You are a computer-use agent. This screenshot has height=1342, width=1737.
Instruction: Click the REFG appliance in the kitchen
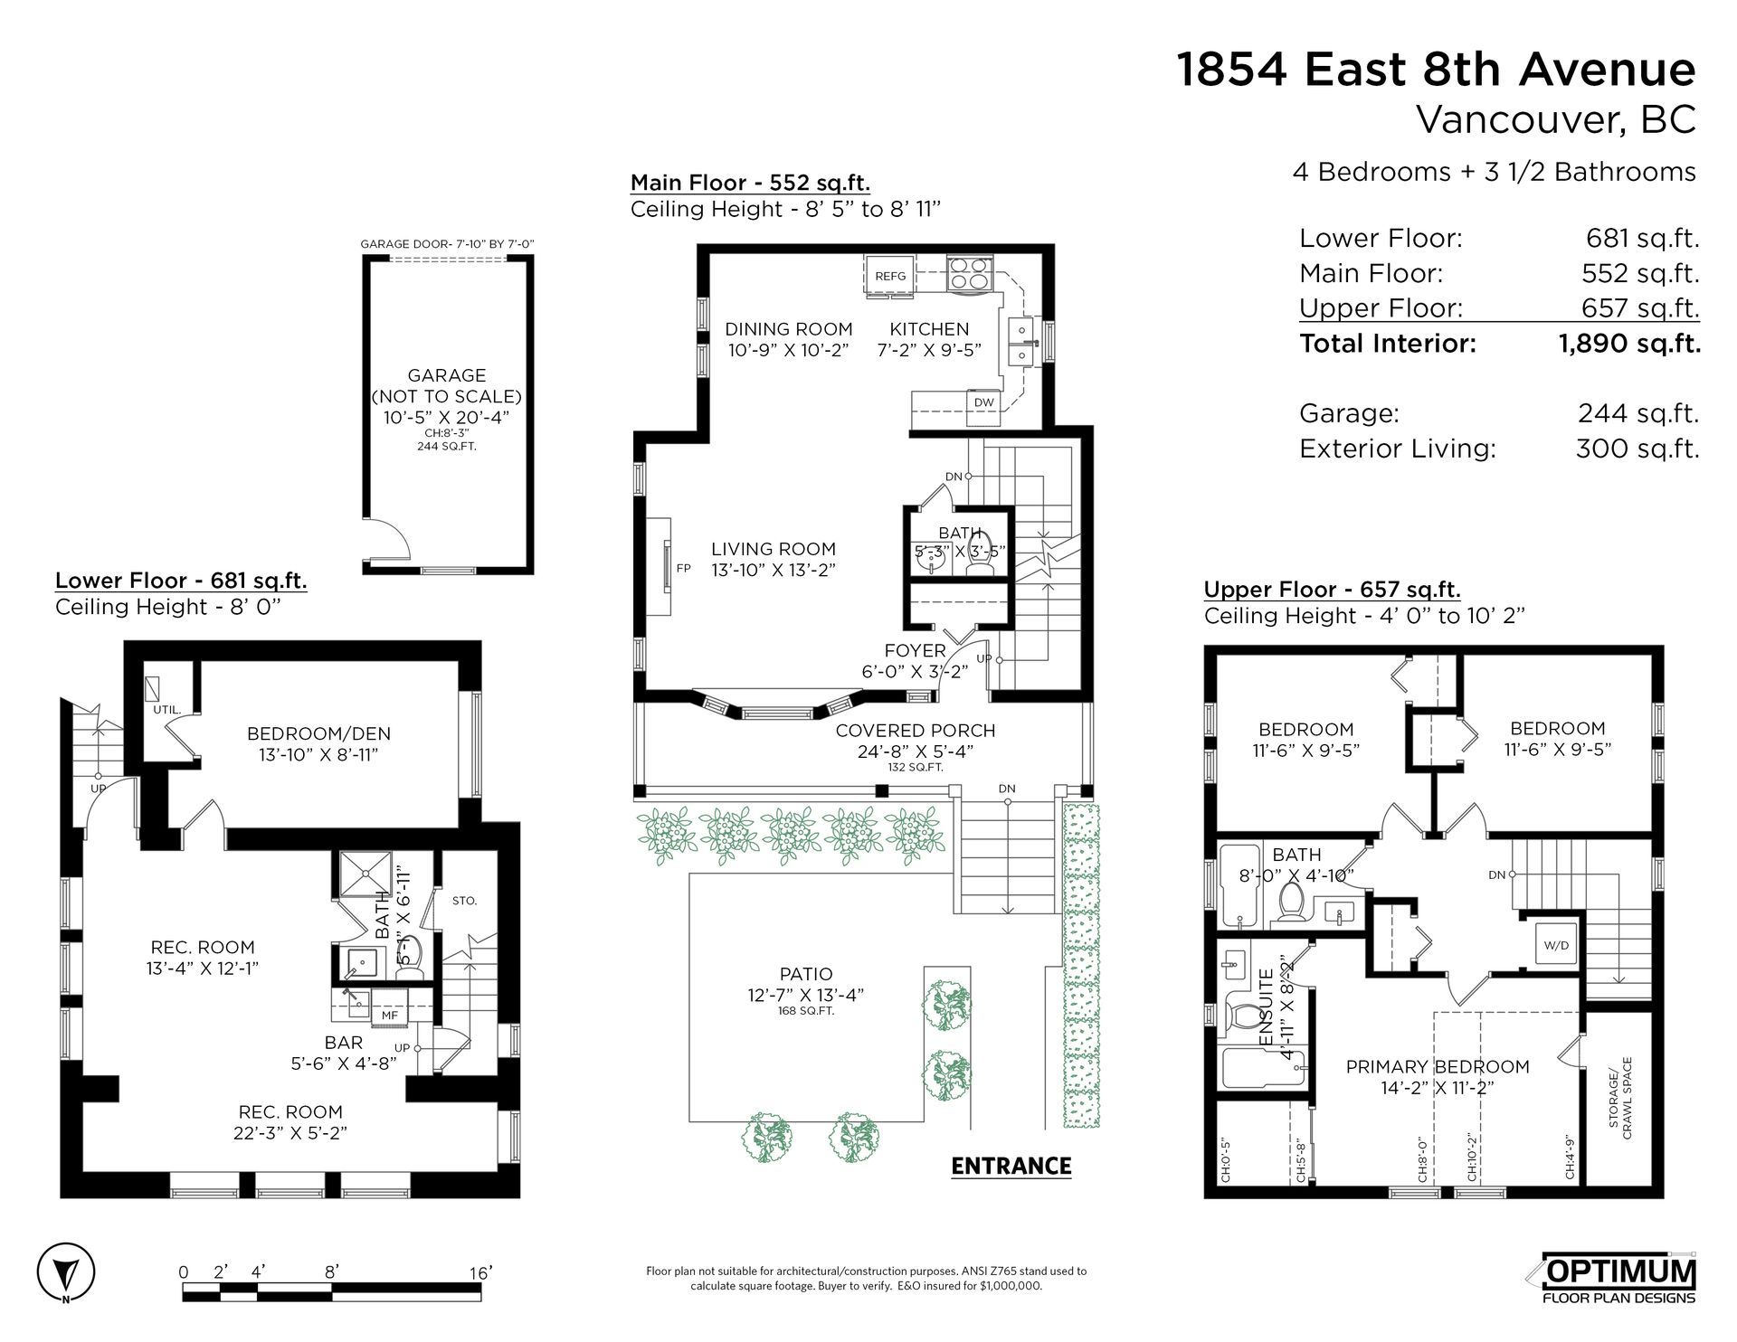(x=890, y=275)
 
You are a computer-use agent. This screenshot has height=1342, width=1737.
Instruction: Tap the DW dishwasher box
(x=984, y=402)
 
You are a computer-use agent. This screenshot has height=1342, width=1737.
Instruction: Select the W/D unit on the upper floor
(x=1556, y=946)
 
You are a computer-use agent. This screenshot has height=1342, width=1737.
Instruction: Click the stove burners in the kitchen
(x=971, y=274)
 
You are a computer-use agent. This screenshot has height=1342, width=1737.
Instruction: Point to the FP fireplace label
(x=684, y=569)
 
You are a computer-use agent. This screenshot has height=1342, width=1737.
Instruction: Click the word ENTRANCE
(x=1011, y=1166)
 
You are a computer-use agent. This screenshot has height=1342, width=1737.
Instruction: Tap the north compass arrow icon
(x=66, y=1276)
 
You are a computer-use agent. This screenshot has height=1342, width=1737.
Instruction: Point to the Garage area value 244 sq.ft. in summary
(x=1638, y=413)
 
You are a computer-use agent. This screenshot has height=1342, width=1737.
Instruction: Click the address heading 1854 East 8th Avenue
(x=1436, y=70)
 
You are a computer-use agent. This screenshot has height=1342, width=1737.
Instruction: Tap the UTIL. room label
(x=166, y=710)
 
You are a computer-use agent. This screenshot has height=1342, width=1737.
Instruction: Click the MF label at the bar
(x=390, y=1016)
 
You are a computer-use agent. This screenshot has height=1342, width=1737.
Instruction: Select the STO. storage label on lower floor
(x=465, y=901)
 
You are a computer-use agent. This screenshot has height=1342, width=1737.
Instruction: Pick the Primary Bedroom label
(x=1438, y=1067)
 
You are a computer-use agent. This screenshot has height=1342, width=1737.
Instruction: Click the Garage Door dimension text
(x=448, y=244)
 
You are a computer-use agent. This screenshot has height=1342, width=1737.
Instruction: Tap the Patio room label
(x=806, y=974)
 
